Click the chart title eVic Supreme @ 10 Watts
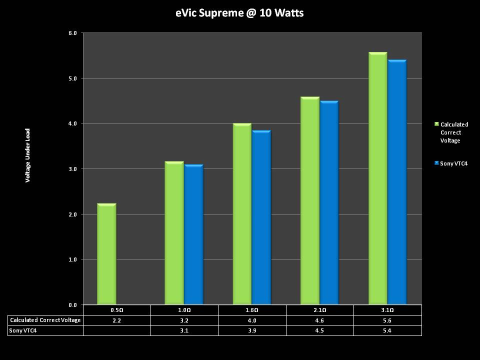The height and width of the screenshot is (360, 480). point(239,13)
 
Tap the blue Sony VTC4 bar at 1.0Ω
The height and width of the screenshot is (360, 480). point(193,234)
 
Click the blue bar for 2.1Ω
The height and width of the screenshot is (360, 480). point(329,202)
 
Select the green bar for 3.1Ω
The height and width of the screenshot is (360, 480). point(377,178)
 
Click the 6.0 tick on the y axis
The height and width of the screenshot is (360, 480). point(72,33)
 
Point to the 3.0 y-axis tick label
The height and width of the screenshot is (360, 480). point(72,169)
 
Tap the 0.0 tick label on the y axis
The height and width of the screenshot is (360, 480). point(72,305)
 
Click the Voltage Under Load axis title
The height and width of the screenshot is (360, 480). point(28,155)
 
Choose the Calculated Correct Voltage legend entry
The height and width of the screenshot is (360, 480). point(454,132)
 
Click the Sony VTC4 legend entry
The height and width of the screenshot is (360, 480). point(453,163)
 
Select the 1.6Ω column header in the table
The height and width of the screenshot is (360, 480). point(252,310)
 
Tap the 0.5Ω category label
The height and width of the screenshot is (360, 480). point(116,310)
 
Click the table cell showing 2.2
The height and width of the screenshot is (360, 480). point(116,320)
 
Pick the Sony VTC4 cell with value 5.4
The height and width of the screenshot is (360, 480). point(387,330)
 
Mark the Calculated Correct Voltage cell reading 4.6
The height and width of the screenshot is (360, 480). point(319,320)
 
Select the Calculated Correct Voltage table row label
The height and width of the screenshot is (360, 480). point(45,320)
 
